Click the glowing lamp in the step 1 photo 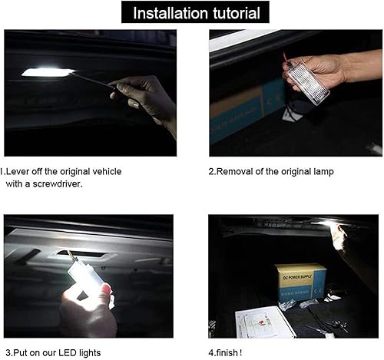(48, 72)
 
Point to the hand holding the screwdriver (146, 100)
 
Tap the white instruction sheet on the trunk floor (265, 322)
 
